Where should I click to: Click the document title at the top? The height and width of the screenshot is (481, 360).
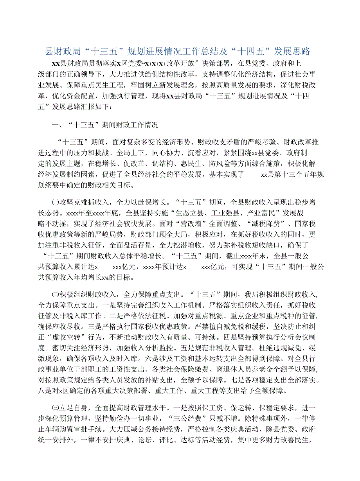(178, 51)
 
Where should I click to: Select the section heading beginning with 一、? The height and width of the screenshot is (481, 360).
(105, 125)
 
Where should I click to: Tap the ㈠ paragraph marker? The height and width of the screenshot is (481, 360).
(55, 203)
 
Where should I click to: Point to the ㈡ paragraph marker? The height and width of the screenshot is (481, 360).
(55, 293)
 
